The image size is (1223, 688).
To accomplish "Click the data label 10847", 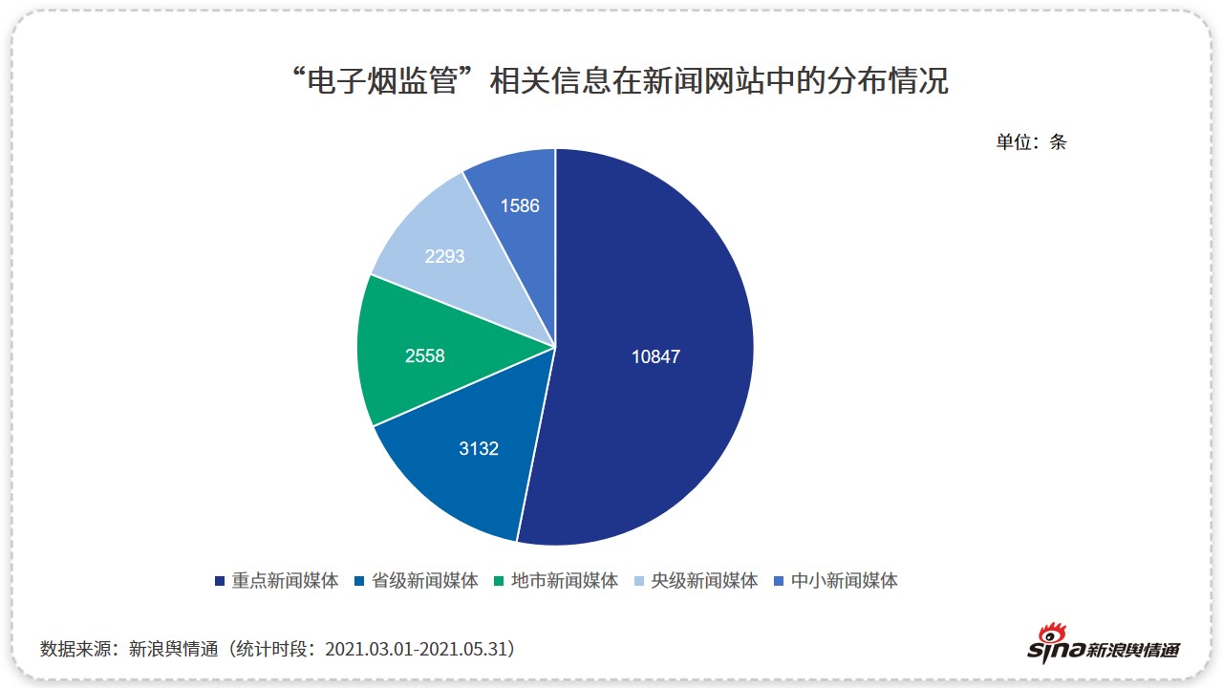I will (x=655, y=356).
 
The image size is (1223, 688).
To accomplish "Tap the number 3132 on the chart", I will (x=479, y=448).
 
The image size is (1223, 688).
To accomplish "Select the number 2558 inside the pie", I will (x=425, y=356).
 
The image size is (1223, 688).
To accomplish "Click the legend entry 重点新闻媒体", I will (x=285, y=580).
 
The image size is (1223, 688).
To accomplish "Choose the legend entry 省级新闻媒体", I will (x=425, y=580).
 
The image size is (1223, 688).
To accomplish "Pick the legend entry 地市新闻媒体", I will (x=565, y=580).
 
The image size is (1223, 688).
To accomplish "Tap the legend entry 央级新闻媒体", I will (x=704, y=580).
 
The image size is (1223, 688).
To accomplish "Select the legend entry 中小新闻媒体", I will (x=845, y=580).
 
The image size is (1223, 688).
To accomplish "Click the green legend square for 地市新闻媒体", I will (x=500, y=581).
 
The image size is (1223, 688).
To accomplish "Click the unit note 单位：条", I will (x=1031, y=142).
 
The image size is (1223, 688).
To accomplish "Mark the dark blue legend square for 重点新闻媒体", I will (x=220, y=581).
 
